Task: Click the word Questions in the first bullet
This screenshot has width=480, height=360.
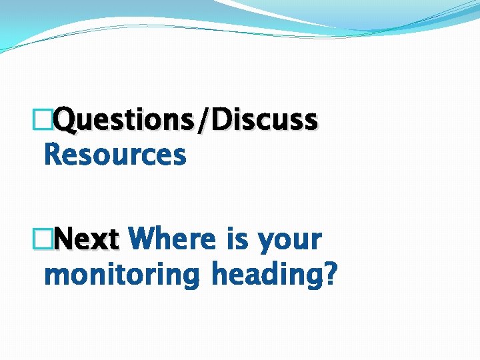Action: pyautogui.click(x=129, y=120)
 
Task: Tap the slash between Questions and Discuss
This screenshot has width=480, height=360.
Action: pyautogui.click(x=213, y=120)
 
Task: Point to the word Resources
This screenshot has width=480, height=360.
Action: pyautogui.click(x=114, y=155)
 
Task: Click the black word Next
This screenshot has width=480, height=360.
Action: pyautogui.click(x=86, y=239)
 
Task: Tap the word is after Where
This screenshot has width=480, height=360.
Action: pyautogui.click(x=237, y=239)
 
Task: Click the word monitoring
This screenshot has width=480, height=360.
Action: pyautogui.click(x=121, y=275)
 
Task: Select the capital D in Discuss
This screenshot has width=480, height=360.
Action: pyautogui.click(x=233, y=120)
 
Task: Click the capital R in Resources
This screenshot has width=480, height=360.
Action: pyautogui.click(x=52, y=155)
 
